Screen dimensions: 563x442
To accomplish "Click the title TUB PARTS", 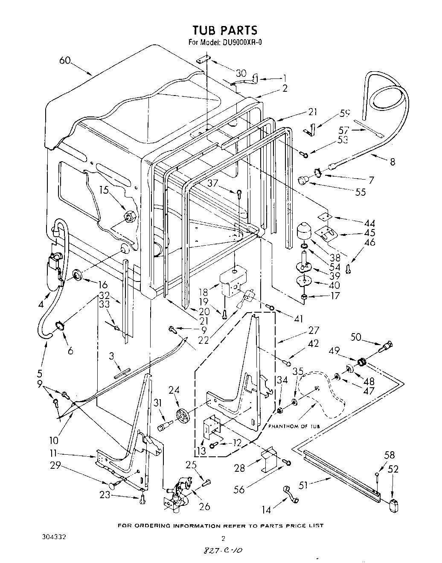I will pos(225,30).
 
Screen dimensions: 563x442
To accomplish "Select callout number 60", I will pos(65,60).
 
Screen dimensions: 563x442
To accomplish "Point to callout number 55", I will pos(360,192).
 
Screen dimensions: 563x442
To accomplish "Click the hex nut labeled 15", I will pos(129,218).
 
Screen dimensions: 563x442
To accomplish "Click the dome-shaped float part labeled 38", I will pos(305,233).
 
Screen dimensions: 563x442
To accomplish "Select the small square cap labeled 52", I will pos(393,506).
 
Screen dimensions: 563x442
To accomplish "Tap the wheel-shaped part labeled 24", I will pos(182,414).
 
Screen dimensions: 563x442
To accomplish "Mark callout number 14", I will pos(266,510).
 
